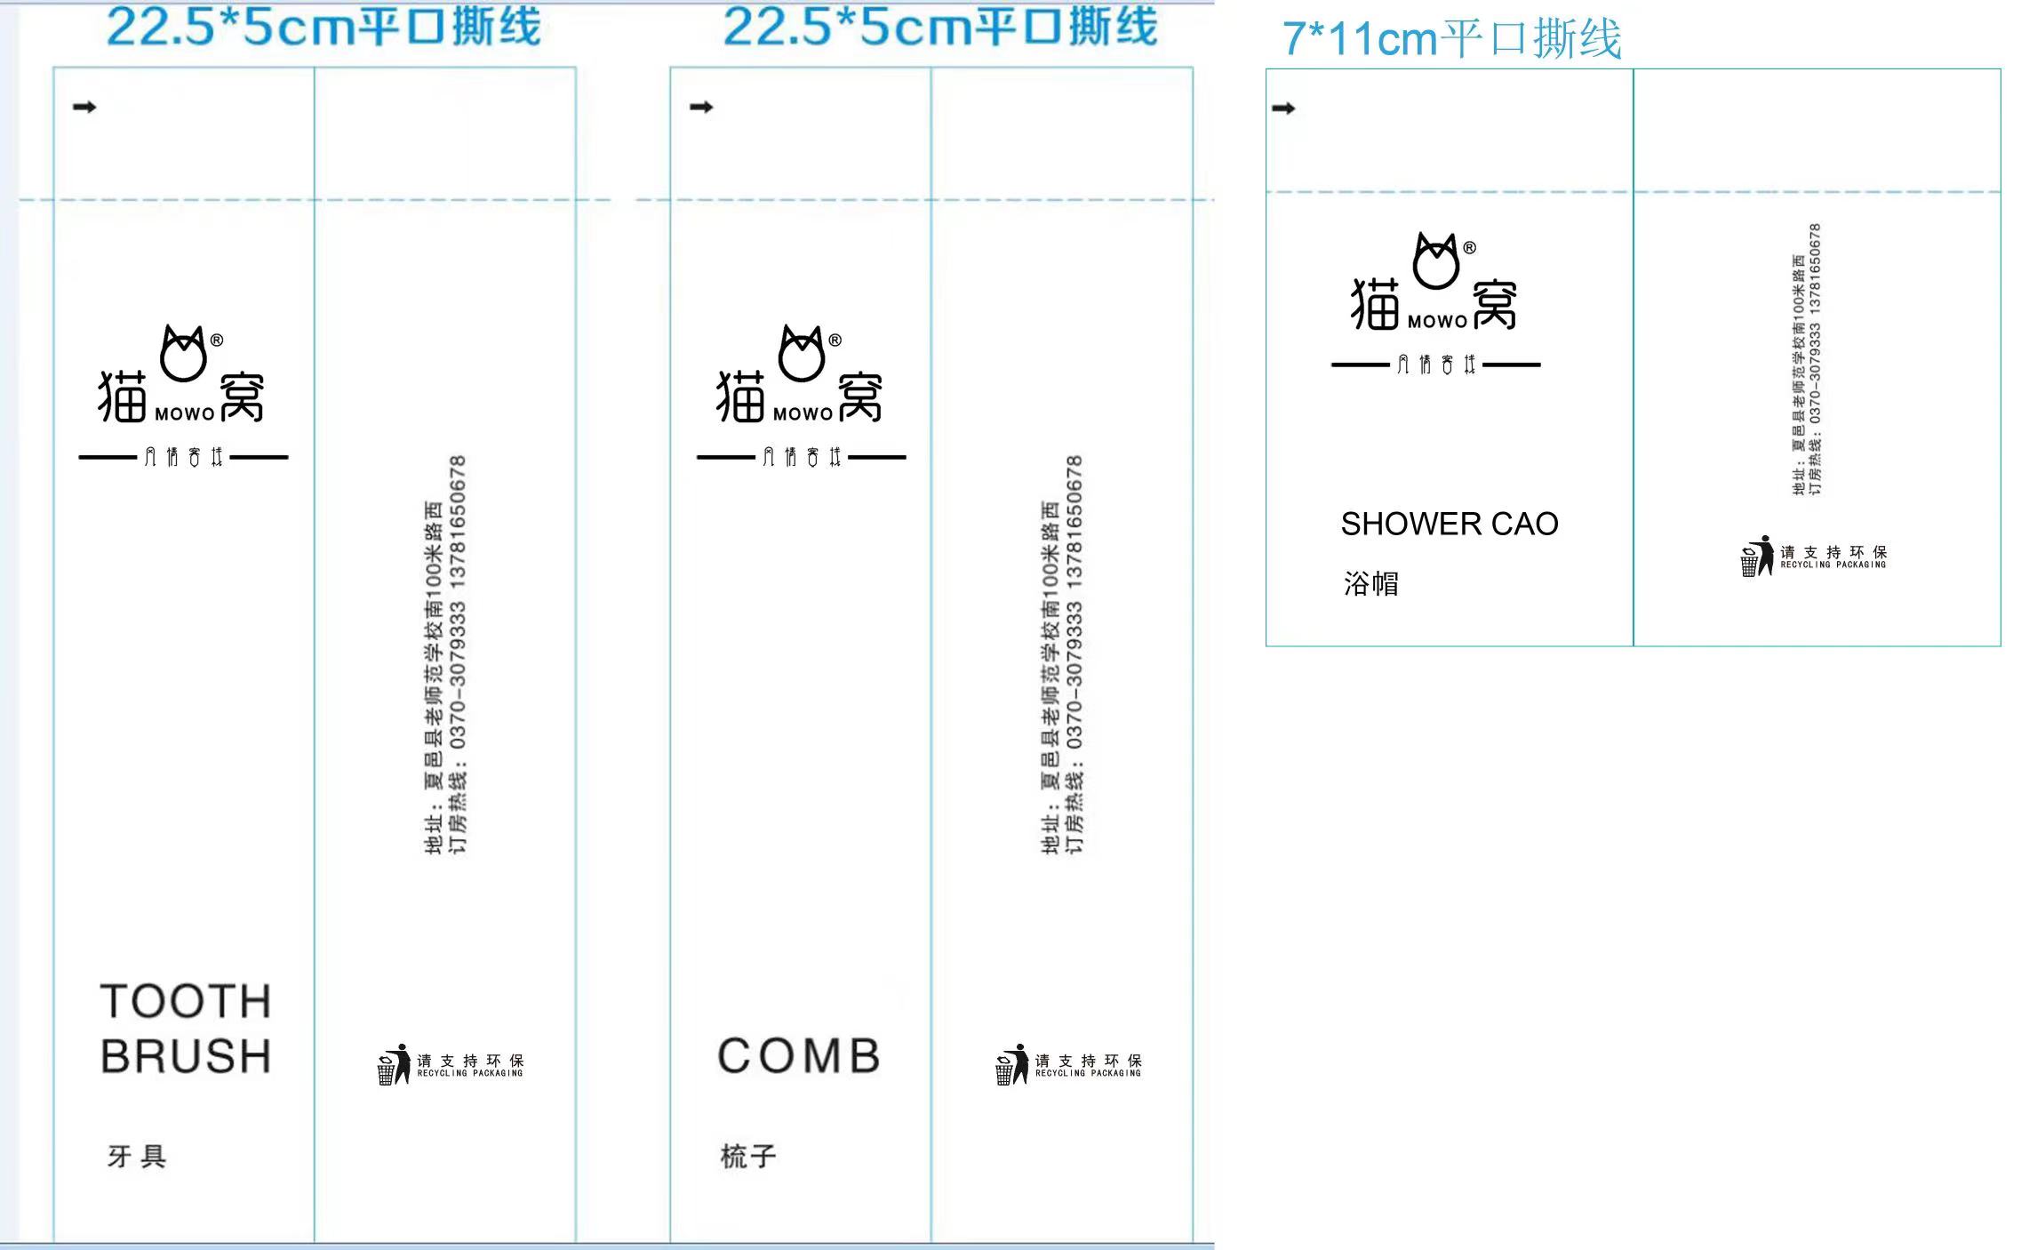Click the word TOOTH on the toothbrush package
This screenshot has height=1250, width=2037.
pyautogui.click(x=185, y=1001)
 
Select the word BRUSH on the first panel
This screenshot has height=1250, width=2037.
pyautogui.click(x=185, y=1056)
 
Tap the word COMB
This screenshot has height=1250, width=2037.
pyautogui.click(x=798, y=1056)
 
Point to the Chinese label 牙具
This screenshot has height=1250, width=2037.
pyautogui.click(x=137, y=1156)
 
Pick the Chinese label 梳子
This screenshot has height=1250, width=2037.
pyautogui.click(x=748, y=1156)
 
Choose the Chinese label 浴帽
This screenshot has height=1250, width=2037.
pyautogui.click(x=1370, y=583)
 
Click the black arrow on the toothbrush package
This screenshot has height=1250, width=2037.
pyautogui.click(x=84, y=108)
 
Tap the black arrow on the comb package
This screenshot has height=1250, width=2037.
pyautogui.click(x=701, y=108)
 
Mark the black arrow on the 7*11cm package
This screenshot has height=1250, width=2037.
pyautogui.click(x=1283, y=108)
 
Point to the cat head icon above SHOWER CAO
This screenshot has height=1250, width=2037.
pyautogui.click(x=1436, y=261)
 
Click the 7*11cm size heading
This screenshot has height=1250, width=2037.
pyautogui.click(x=1451, y=39)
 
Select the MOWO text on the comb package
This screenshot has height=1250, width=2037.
pyautogui.click(x=803, y=414)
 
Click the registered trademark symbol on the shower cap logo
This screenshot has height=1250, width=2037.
pyautogui.click(x=1469, y=248)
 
